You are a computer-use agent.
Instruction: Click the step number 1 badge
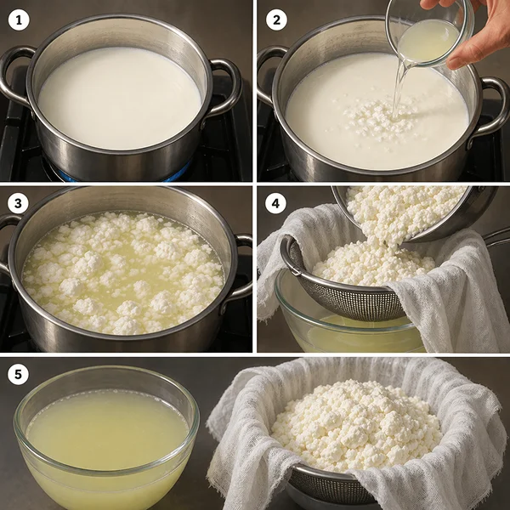click(19, 20)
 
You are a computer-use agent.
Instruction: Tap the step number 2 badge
click(276, 20)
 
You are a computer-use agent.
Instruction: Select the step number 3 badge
click(18, 203)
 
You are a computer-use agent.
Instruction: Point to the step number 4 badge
click(275, 203)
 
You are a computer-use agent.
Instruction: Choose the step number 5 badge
click(18, 374)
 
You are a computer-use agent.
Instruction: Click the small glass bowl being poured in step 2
click(429, 34)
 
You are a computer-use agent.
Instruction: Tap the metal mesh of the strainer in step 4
click(351, 303)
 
